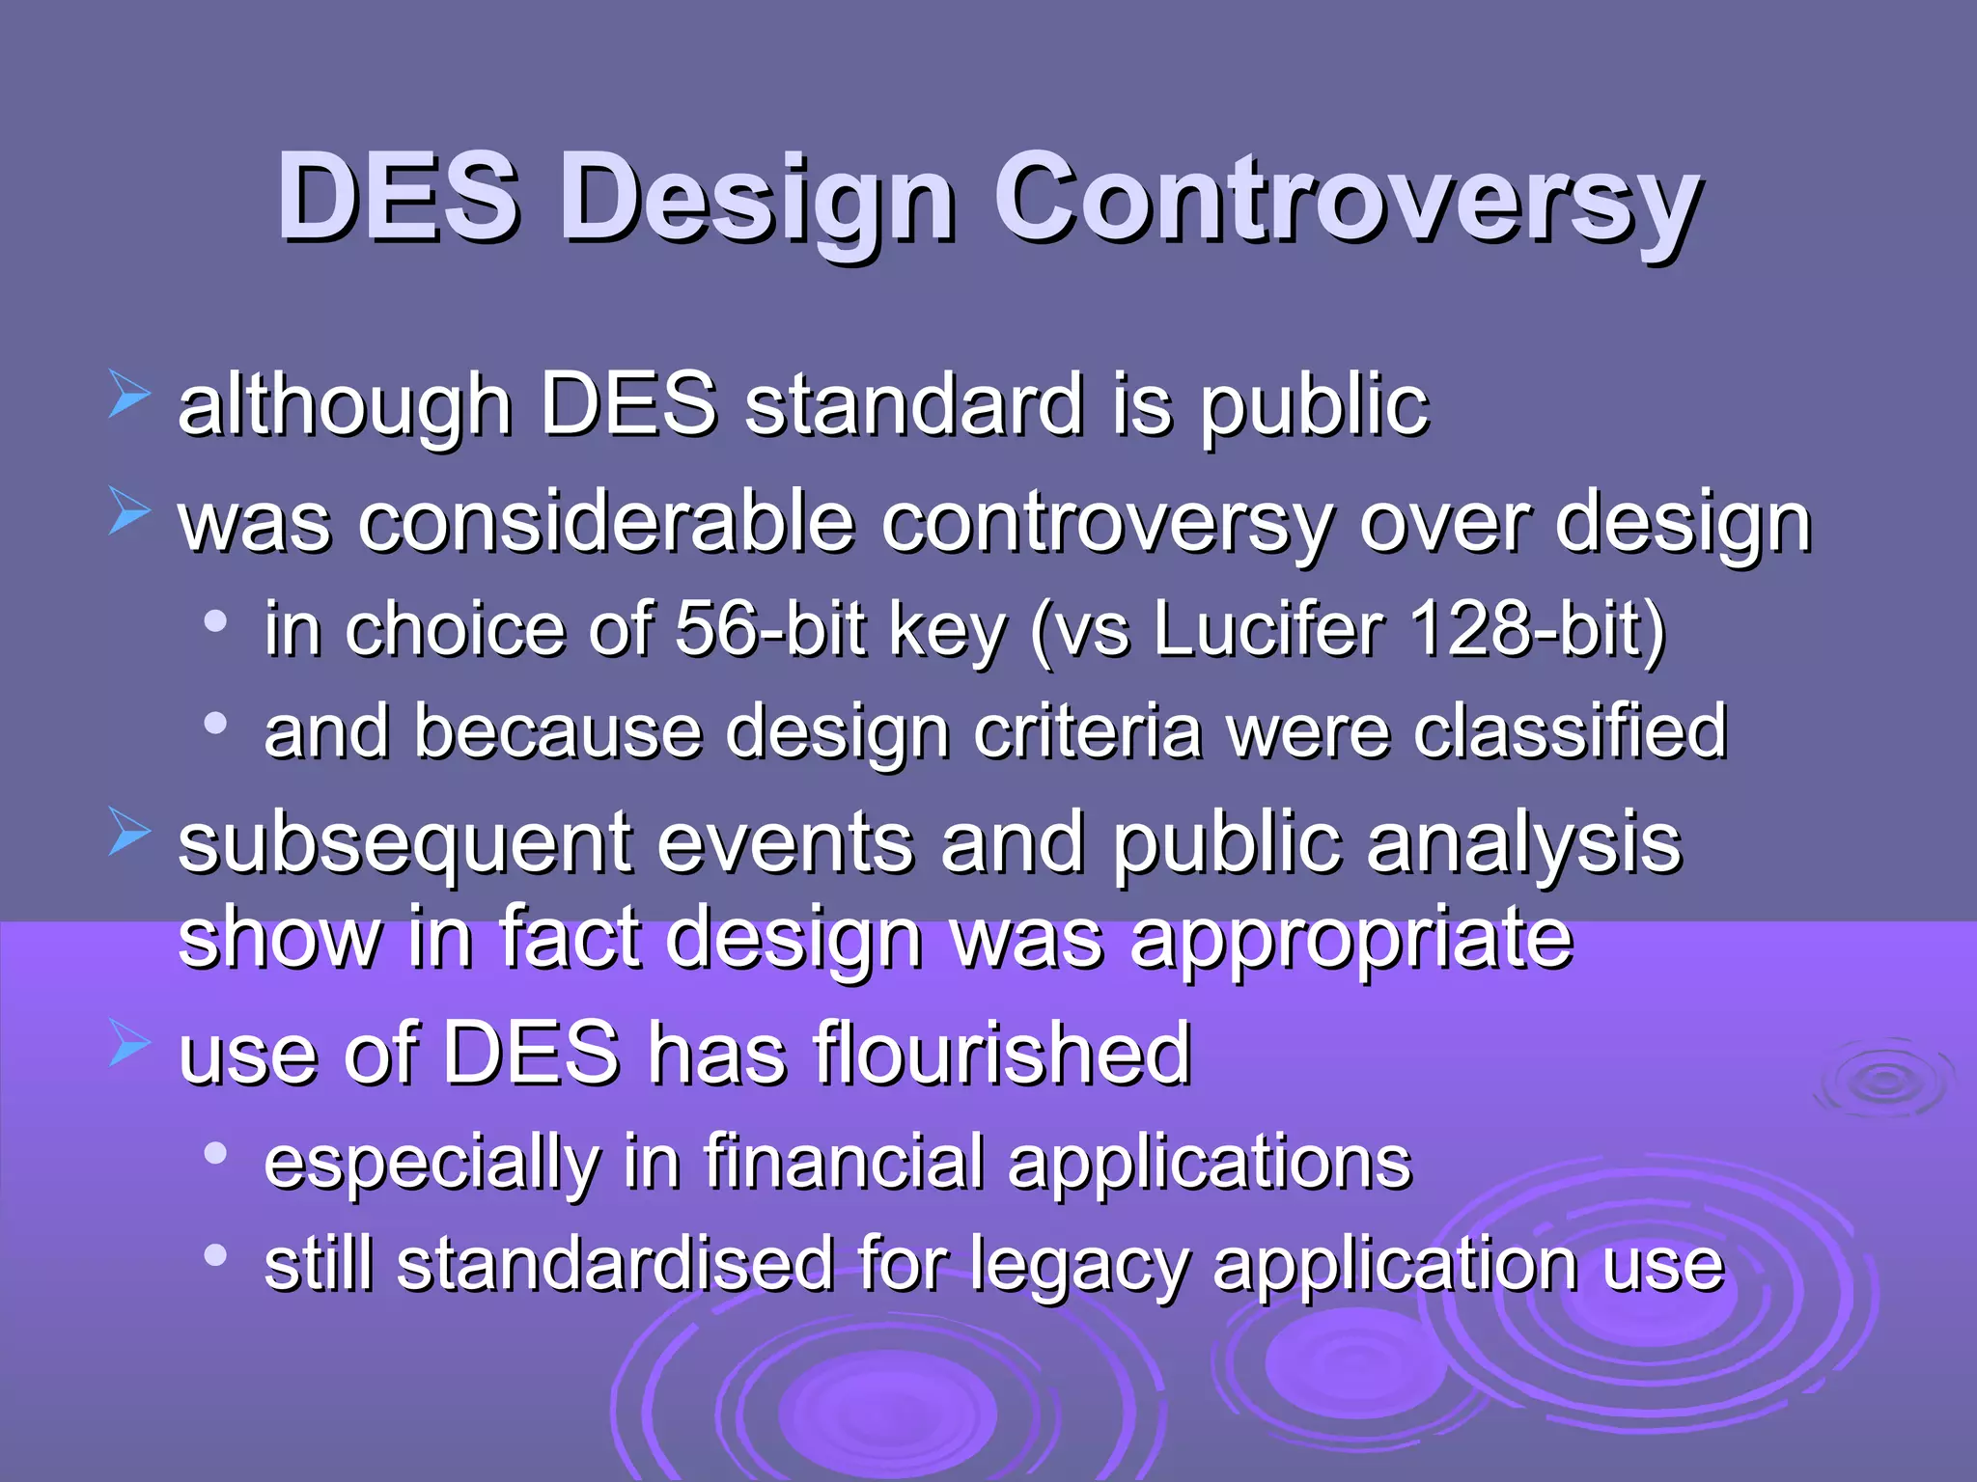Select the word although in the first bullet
pyautogui.click(x=344, y=406)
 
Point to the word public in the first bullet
pyautogui.click(x=1313, y=406)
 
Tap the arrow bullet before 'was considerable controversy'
pyautogui.click(x=128, y=511)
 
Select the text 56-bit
pyautogui.click(x=770, y=628)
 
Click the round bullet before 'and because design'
pyautogui.click(x=215, y=723)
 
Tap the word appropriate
pyautogui.click(x=1351, y=941)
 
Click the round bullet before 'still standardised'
pyautogui.click(x=215, y=1255)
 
